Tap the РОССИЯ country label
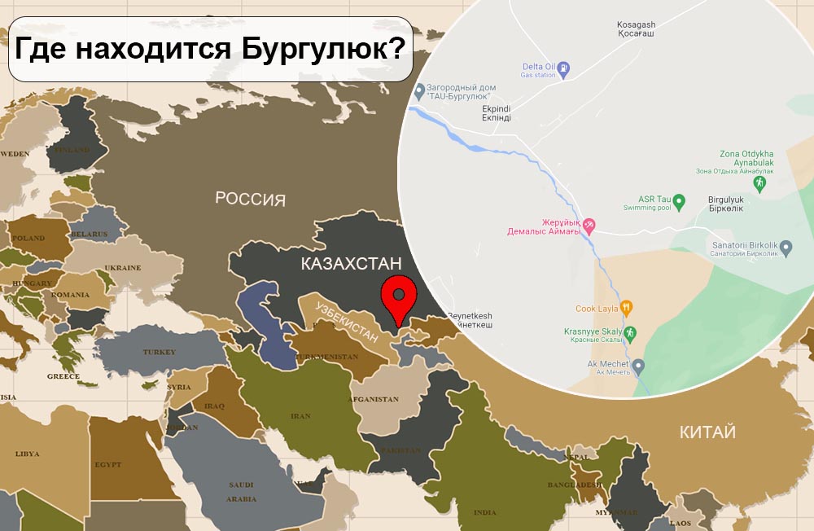coord(250,199)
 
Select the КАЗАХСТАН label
coord(352,263)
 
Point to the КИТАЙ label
coord(707,432)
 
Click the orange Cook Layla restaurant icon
coord(626,309)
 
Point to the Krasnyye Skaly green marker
coord(630,332)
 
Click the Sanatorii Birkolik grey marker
coord(785,247)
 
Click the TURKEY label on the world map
coord(159,352)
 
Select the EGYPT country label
coord(107,464)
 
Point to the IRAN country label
coord(300,416)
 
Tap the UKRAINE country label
coord(122,267)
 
